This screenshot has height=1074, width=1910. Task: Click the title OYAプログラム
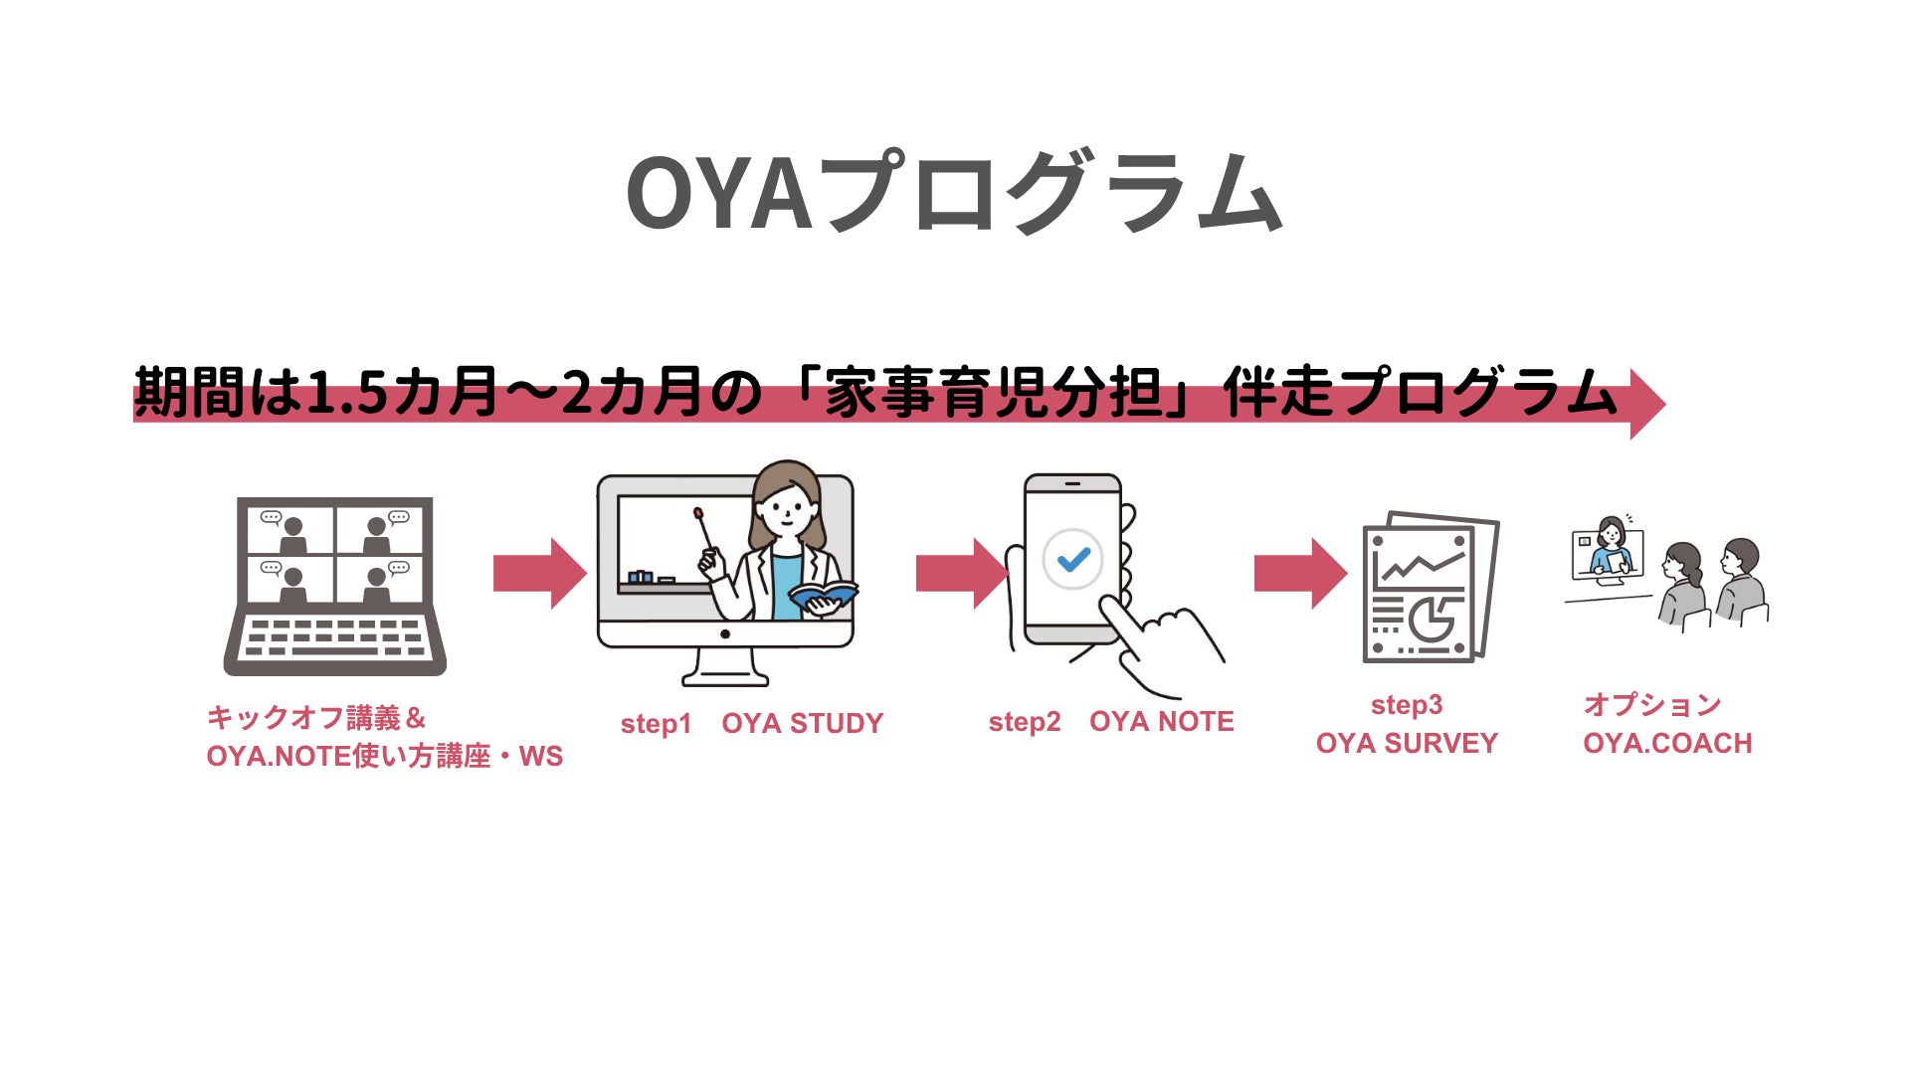tap(953, 193)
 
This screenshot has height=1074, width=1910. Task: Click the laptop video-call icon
tap(335, 586)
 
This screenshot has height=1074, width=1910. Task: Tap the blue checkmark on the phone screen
tap(1073, 560)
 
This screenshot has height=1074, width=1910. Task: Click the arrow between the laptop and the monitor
tap(538, 574)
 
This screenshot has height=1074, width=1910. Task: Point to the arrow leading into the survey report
tap(1299, 574)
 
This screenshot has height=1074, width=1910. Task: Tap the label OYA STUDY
tap(802, 724)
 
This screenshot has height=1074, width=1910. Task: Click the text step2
tap(1024, 723)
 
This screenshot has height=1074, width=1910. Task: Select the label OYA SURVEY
tap(1406, 744)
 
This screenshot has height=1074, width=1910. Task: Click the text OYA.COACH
tap(1667, 744)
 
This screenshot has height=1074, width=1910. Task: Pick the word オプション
tap(1651, 705)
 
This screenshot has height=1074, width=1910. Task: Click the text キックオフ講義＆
tap(316, 718)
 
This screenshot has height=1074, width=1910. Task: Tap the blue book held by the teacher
tap(822, 596)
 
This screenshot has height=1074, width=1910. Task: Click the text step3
tap(1406, 705)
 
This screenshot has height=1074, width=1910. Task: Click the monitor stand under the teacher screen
tap(725, 666)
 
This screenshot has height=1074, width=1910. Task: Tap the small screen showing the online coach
tap(1607, 555)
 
